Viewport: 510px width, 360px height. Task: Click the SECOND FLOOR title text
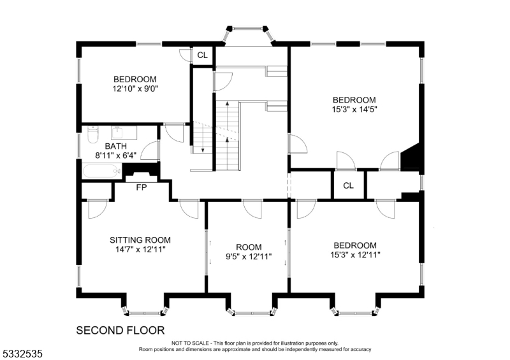click(120, 330)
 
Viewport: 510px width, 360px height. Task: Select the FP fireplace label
click(142, 187)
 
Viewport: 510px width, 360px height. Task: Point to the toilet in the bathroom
click(92, 136)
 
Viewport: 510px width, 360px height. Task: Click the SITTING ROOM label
click(140, 240)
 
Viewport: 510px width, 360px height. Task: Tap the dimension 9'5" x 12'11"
click(249, 257)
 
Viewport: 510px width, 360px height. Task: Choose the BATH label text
click(98, 146)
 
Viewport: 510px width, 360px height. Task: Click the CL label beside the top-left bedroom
click(202, 55)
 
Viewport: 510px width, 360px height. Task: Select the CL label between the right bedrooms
click(348, 185)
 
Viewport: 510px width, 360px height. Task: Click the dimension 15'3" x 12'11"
click(354, 256)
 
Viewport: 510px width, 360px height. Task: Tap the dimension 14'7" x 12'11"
click(140, 250)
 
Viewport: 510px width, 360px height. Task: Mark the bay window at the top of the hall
click(249, 35)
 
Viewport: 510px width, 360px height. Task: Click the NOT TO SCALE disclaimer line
click(255, 343)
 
